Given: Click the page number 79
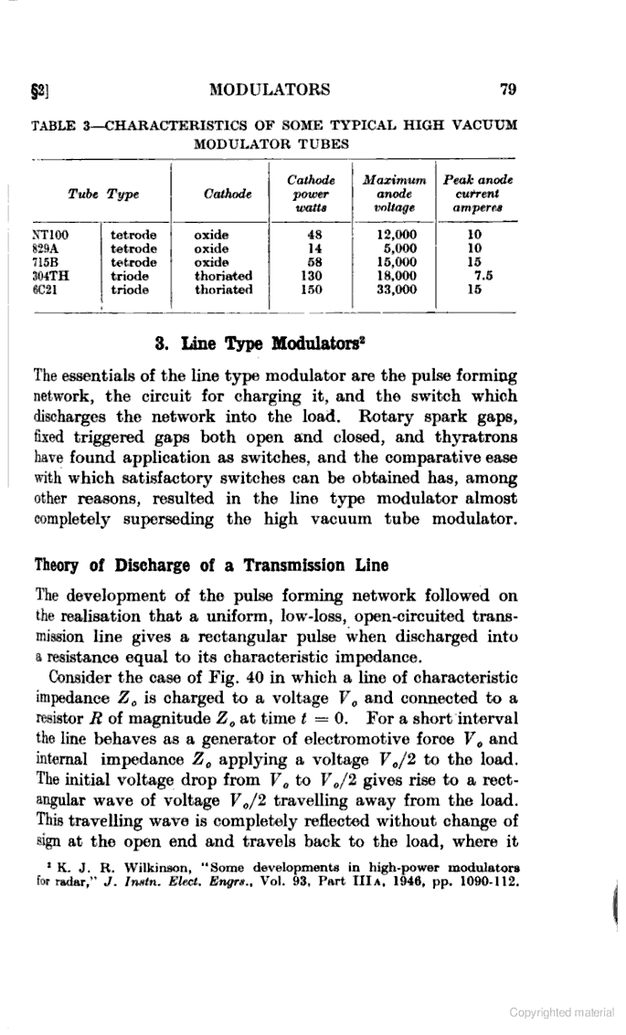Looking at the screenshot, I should [x=510, y=90].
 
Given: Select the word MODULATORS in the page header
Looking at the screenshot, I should [x=270, y=90].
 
